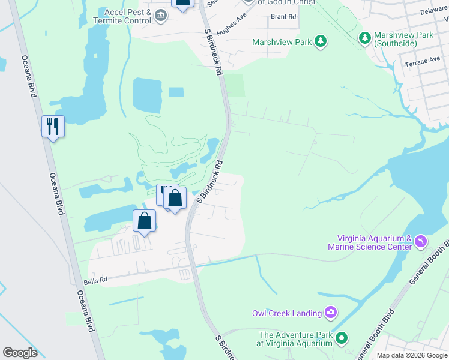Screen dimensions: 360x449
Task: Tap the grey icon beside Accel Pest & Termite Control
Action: point(161,16)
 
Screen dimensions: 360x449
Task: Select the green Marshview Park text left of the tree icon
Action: point(282,42)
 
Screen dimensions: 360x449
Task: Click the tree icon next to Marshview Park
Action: point(321,41)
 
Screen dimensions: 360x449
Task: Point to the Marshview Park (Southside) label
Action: point(403,39)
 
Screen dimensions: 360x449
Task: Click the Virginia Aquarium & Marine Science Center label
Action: point(369,242)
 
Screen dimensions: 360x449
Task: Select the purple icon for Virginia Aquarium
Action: point(420,241)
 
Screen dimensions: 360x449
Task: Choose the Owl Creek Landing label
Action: point(286,313)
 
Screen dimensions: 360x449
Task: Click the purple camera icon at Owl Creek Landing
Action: point(330,312)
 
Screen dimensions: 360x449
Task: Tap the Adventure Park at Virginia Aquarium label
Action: point(295,339)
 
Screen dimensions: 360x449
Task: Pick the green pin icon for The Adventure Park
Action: point(342,338)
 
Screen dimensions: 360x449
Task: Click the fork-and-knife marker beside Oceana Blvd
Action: point(53,127)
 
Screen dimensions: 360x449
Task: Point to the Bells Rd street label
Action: point(95,280)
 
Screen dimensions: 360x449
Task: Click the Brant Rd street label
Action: point(283,17)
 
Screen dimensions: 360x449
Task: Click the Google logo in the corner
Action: point(20,352)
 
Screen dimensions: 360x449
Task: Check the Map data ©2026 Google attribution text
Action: point(412,355)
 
